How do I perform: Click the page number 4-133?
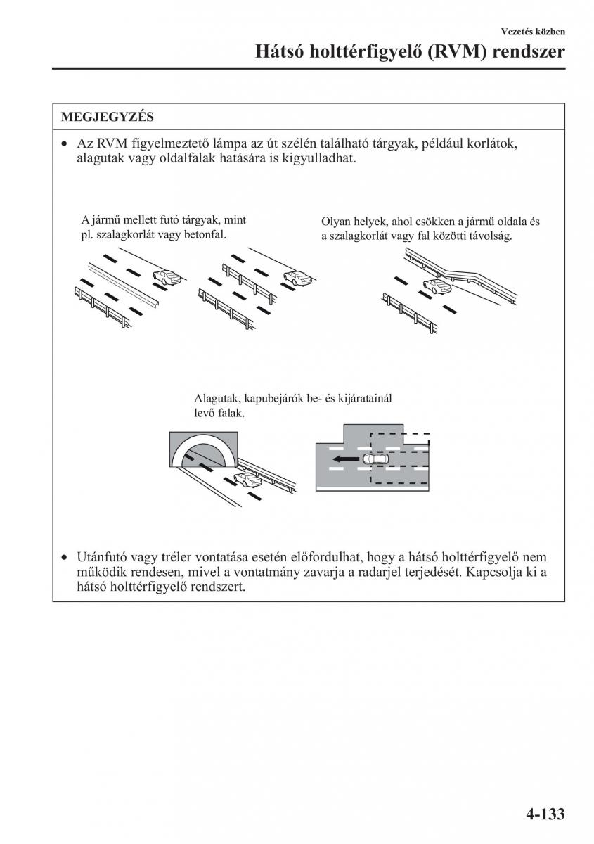[x=544, y=814]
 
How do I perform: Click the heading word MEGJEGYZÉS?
[x=107, y=116]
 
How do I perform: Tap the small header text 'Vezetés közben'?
[x=533, y=31]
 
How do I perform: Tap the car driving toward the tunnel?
[x=247, y=480]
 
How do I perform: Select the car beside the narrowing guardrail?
[x=436, y=286]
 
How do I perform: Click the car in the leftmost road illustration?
[x=167, y=278]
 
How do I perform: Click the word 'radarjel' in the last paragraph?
[x=390, y=572]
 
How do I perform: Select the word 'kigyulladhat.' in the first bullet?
[x=313, y=159]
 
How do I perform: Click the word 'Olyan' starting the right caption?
[x=335, y=222]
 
